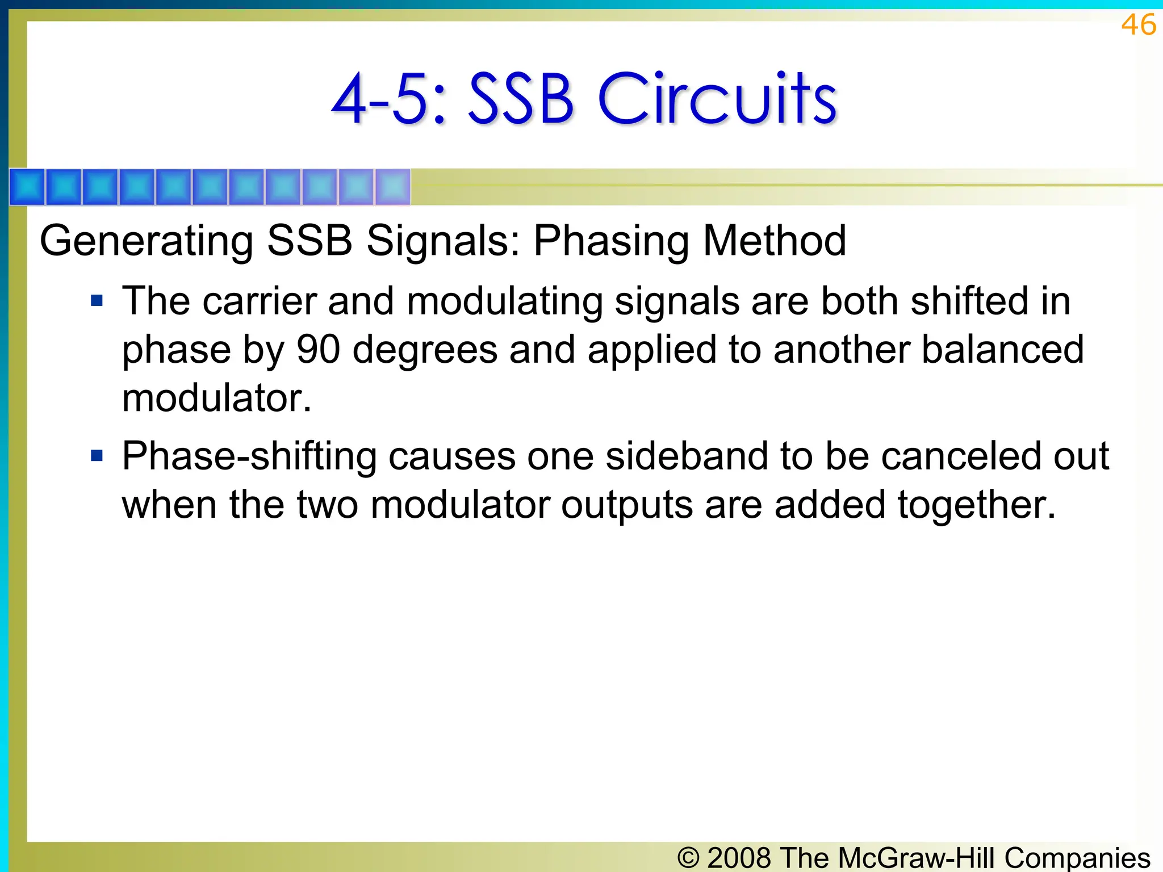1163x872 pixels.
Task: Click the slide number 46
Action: click(1139, 25)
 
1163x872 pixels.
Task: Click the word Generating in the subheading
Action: click(147, 241)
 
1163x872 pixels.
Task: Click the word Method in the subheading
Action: click(775, 240)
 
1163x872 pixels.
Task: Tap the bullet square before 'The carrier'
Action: click(97, 300)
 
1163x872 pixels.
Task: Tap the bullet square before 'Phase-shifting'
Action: click(97, 455)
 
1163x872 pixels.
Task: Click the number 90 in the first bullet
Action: click(319, 349)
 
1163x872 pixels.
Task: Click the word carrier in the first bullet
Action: click(260, 301)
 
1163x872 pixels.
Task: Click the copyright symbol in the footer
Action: click(688, 857)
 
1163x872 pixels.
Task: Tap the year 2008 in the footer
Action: click(739, 857)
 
